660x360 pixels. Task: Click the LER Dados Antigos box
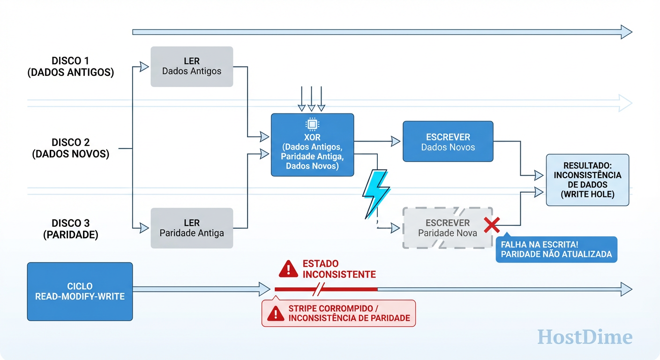coord(192,67)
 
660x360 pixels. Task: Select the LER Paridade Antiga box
coord(192,228)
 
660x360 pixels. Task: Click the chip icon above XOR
coord(312,124)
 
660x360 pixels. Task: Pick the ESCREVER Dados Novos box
coord(448,142)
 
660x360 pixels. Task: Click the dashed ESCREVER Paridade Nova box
coord(447,228)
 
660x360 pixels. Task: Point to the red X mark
coord(492,225)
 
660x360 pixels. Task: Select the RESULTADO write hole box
coord(587,180)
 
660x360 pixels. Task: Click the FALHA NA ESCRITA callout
coord(556,249)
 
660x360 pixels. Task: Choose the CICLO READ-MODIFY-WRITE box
coord(80,291)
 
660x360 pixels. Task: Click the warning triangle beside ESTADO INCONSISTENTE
coord(288,269)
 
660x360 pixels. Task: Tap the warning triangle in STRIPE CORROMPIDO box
coord(276,313)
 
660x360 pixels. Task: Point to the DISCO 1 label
coord(70,67)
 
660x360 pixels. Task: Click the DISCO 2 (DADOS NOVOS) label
coord(70,148)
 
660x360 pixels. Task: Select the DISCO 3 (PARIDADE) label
coord(70,229)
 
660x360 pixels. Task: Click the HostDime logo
coord(585,337)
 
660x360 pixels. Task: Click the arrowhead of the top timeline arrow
coord(626,32)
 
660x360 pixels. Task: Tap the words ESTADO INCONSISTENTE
coord(339,269)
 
